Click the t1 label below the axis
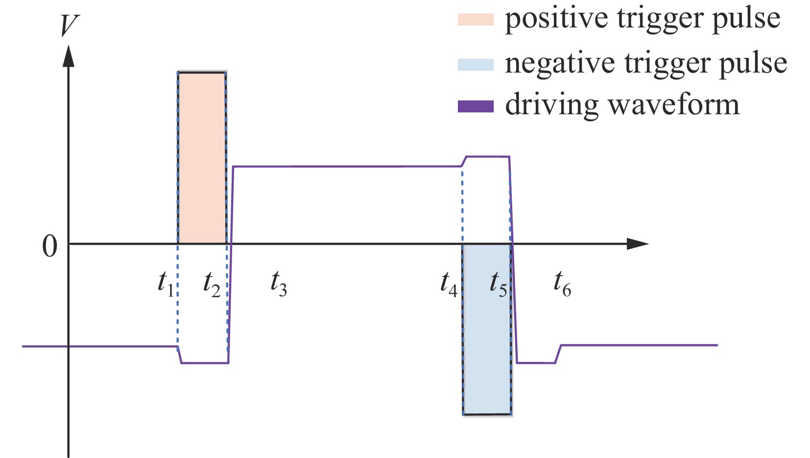pyautogui.click(x=166, y=284)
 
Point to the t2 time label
pyautogui.click(x=212, y=284)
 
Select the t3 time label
pyautogui.click(x=279, y=284)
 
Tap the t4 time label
pyautogui.click(x=449, y=284)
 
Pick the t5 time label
pyautogui.click(x=499, y=284)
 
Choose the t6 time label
pyautogui.click(x=562, y=284)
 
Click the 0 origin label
pyautogui.click(x=49, y=246)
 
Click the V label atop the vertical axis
pyautogui.click(x=69, y=25)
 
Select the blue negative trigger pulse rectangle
pyautogui.click(x=487, y=329)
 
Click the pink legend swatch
pyautogui.click(x=475, y=20)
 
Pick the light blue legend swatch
pyautogui.click(x=475, y=64)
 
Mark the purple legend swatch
pyautogui.click(x=475, y=106)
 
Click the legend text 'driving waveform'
pyautogui.click(x=622, y=105)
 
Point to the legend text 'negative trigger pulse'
pyautogui.click(x=645, y=63)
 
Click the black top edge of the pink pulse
pyautogui.click(x=202, y=73)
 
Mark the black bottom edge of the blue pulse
pyautogui.click(x=487, y=414)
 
